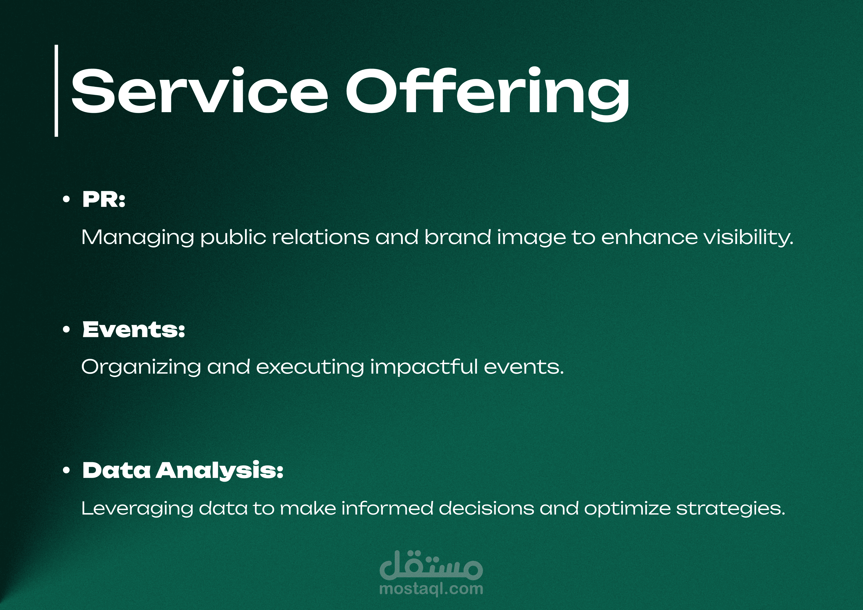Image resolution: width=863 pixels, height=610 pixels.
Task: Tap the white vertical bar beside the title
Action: (56, 91)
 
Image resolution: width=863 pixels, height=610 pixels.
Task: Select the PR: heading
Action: (104, 199)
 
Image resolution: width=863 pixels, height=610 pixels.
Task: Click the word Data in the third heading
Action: (117, 471)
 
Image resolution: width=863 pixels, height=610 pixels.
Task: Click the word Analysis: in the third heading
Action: (219, 471)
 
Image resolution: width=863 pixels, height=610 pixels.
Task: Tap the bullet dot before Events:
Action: (66, 330)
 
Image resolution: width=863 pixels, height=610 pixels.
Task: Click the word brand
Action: (458, 237)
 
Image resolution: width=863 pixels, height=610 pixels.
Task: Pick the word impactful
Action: (424, 367)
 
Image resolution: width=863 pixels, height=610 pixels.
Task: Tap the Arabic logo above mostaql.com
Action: (431, 565)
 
